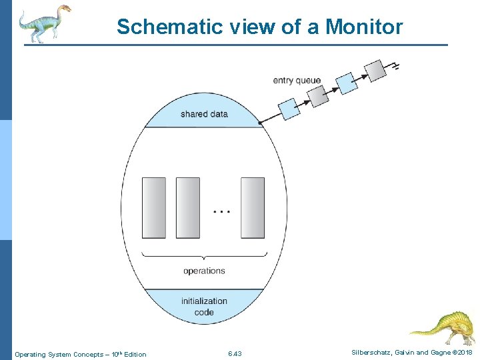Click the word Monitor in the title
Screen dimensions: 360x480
point(364,27)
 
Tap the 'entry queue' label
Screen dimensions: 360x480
point(297,81)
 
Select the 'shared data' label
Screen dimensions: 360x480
point(204,114)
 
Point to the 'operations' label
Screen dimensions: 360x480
point(204,271)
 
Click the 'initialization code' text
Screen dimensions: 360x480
point(204,306)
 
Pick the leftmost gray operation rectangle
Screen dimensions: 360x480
point(154,207)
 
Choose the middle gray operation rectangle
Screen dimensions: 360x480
point(187,207)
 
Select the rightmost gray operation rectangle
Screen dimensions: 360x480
point(253,207)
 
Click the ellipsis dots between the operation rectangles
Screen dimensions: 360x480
point(221,211)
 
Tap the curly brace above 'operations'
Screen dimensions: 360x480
point(204,256)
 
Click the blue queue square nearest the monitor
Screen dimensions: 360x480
point(289,108)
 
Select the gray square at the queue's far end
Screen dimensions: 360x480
point(376,70)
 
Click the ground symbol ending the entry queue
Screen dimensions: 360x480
point(396,66)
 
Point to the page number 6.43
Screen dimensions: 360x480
point(234,353)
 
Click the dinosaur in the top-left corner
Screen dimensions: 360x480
point(43,23)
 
